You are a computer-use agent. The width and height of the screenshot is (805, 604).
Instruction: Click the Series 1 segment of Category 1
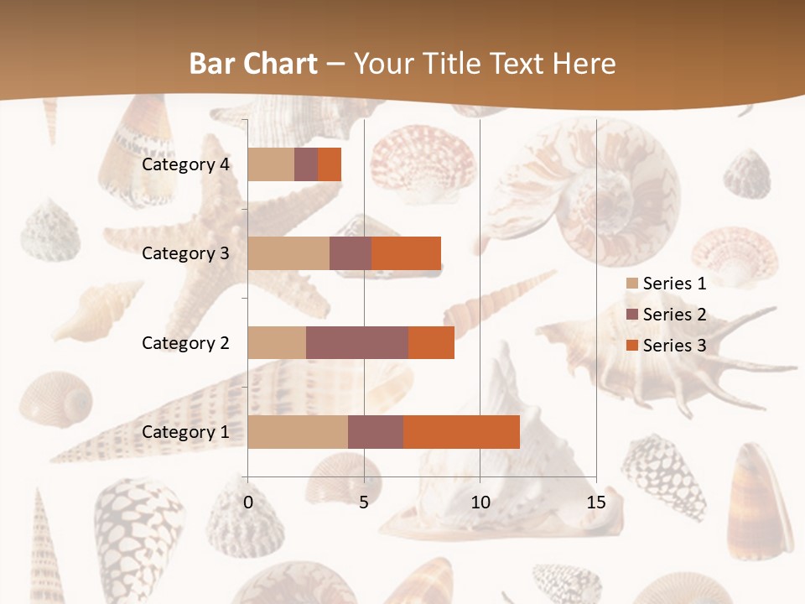click(x=298, y=431)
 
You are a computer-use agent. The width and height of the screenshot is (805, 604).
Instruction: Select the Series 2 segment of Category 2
click(x=357, y=342)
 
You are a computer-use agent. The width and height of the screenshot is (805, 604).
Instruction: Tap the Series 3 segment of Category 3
click(x=406, y=253)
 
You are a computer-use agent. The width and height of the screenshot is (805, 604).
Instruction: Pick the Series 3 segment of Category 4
click(x=330, y=164)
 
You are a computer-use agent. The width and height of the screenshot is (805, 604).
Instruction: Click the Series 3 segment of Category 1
click(x=461, y=431)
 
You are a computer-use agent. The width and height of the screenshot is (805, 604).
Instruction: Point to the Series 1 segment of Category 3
click(x=288, y=253)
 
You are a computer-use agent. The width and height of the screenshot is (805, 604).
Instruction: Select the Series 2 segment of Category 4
click(x=306, y=164)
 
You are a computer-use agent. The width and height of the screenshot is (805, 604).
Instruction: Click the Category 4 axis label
click(x=185, y=164)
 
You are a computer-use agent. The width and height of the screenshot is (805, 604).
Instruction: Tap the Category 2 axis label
click(x=185, y=342)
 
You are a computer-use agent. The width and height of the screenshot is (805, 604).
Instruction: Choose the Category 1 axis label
click(x=185, y=432)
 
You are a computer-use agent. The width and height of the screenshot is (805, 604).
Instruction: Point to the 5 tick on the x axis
click(x=364, y=502)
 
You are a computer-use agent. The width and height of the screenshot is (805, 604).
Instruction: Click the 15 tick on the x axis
click(x=596, y=502)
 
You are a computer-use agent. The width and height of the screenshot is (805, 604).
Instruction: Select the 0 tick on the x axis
click(x=248, y=502)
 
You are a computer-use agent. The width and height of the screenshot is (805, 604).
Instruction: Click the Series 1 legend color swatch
click(x=632, y=284)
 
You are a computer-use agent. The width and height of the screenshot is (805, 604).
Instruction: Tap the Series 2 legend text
click(x=674, y=315)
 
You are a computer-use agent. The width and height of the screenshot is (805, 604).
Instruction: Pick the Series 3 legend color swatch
click(x=632, y=346)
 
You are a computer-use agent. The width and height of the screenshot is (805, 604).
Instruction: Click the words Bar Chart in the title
click(x=253, y=63)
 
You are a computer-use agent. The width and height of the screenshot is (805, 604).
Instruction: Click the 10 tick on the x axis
click(x=480, y=502)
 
